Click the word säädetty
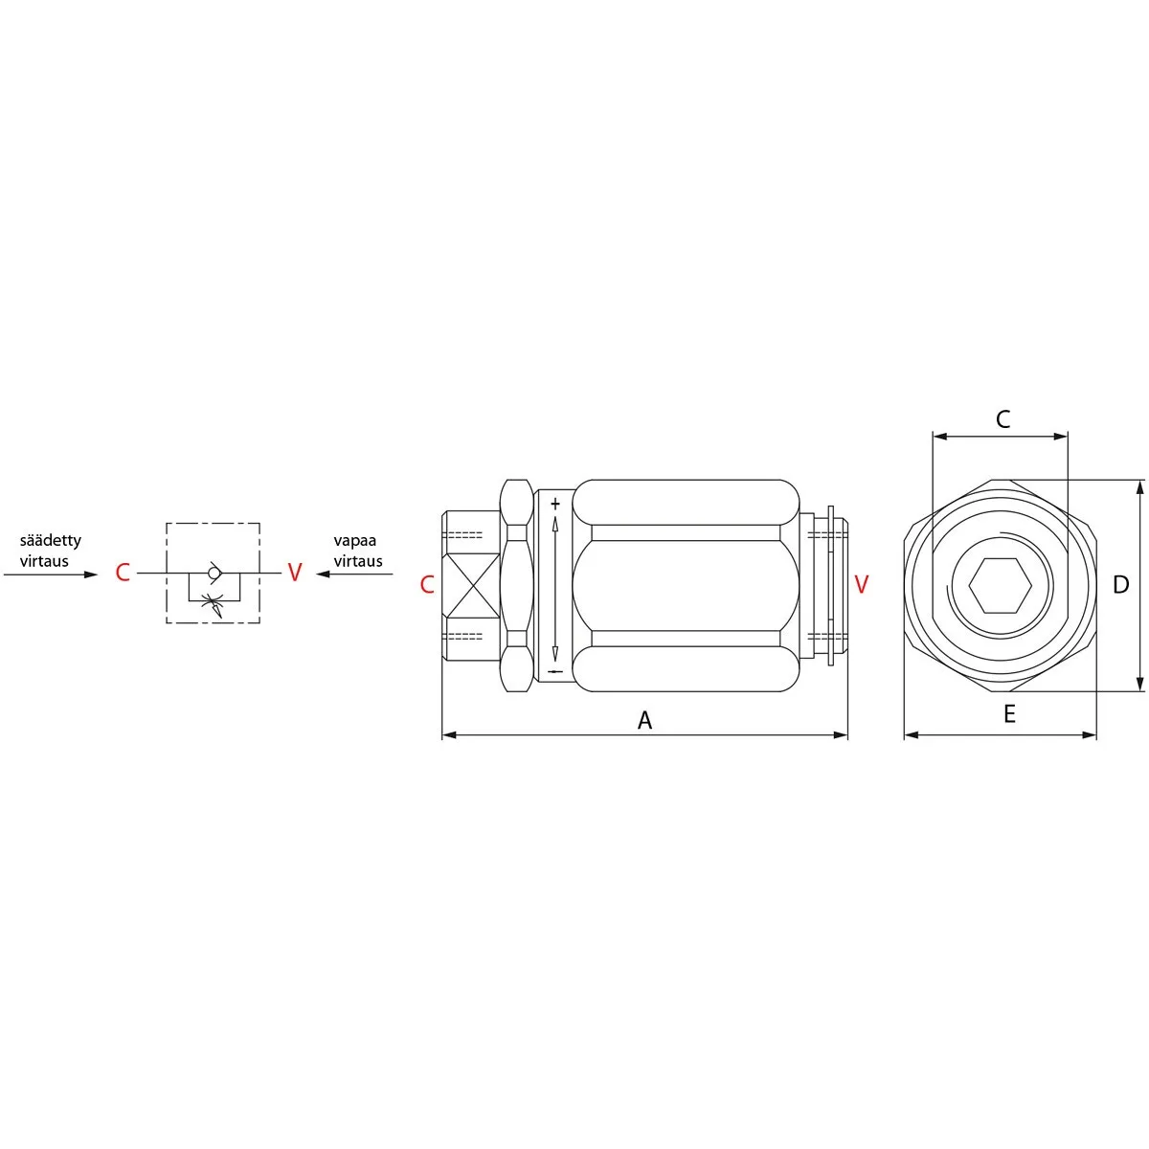[50, 540]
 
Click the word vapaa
[355, 541]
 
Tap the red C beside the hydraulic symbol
[123, 573]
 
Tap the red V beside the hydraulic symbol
[295, 572]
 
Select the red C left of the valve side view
[426, 585]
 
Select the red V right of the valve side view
[861, 584]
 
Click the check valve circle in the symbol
[214, 573]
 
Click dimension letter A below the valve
[644, 721]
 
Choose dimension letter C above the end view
[1003, 419]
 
